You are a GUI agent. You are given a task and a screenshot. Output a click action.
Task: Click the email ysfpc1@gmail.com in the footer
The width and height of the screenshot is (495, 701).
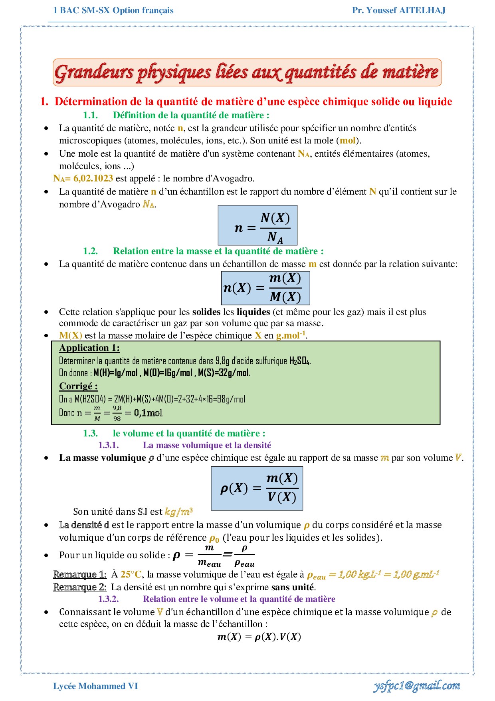tap(416, 686)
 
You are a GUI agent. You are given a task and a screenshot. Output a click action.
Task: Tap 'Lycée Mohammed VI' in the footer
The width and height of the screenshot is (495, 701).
tap(95, 686)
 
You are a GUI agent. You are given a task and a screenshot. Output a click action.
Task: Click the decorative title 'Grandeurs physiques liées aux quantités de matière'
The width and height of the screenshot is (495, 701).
tap(247, 72)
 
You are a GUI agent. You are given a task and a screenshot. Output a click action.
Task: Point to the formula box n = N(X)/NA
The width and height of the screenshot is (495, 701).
tap(257, 225)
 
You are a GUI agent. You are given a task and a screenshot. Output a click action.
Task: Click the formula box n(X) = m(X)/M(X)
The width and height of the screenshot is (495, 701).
tap(265, 288)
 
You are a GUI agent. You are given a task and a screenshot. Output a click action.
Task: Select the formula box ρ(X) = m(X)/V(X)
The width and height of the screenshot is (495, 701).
tap(257, 488)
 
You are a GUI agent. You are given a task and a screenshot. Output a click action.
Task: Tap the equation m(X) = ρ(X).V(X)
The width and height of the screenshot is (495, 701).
tap(259, 637)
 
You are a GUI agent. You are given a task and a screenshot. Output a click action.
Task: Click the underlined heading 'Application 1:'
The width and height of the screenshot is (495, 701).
tap(89, 348)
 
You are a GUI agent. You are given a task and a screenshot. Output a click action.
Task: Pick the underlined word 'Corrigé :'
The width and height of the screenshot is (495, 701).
tap(78, 386)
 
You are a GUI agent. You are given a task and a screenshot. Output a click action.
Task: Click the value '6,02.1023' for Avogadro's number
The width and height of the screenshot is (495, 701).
tap(93, 178)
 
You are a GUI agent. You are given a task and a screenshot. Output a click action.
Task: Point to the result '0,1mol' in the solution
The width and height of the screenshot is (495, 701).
tap(148, 413)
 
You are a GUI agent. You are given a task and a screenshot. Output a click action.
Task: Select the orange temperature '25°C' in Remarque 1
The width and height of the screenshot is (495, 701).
tap(131, 574)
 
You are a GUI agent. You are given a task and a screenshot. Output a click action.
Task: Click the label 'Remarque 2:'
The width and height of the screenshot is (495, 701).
tap(80, 587)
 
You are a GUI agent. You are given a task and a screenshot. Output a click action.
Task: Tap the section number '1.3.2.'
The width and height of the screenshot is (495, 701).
tap(109, 599)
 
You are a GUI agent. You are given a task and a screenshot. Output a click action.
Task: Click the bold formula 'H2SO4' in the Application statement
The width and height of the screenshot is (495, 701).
tap(299, 361)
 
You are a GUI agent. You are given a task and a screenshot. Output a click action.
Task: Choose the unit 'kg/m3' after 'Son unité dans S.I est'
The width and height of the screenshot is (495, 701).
tap(178, 512)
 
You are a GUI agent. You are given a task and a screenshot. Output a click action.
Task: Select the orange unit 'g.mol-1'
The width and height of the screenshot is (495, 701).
tap(291, 335)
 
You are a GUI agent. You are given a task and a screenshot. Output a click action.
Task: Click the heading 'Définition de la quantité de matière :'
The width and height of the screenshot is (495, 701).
tap(191, 115)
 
